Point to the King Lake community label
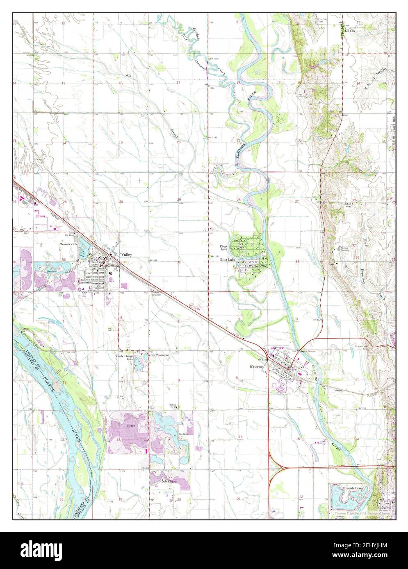[x=228, y=260]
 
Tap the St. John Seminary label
[x=344, y=249]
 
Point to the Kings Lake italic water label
[x=223, y=247]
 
